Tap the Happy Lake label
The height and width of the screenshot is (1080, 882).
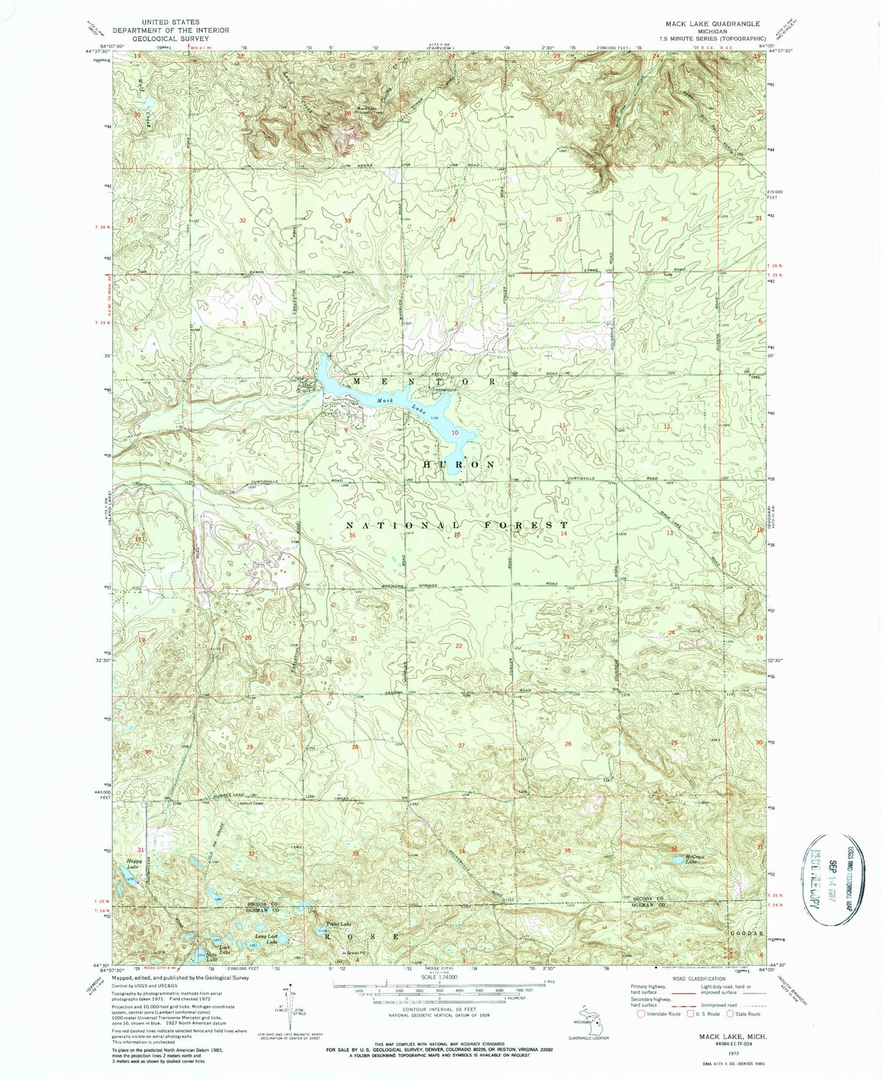134,864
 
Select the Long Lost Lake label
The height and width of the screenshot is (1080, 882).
266,938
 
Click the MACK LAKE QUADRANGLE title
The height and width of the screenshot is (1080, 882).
704,23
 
